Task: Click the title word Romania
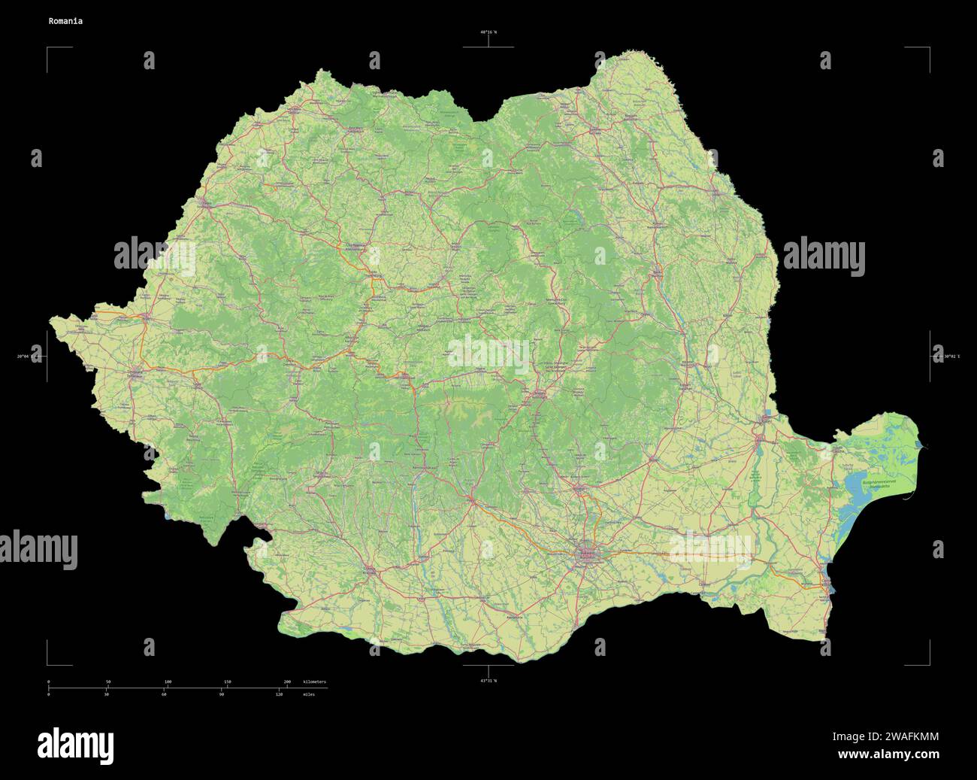point(65,21)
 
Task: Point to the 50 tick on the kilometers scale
point(108,681)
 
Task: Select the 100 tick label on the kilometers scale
point(168,681)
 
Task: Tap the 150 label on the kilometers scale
point(227,681)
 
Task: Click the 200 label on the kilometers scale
point(286,681)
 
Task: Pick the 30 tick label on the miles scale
point(107,694)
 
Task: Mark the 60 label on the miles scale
point(164,694)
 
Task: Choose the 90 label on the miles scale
point(222,694)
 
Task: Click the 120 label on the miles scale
point(279,694)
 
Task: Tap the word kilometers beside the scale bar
point(314,681)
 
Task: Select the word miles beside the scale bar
point(309,694)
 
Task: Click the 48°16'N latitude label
point(488,32)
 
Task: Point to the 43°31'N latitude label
point(488,681)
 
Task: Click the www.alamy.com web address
point(888,754)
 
